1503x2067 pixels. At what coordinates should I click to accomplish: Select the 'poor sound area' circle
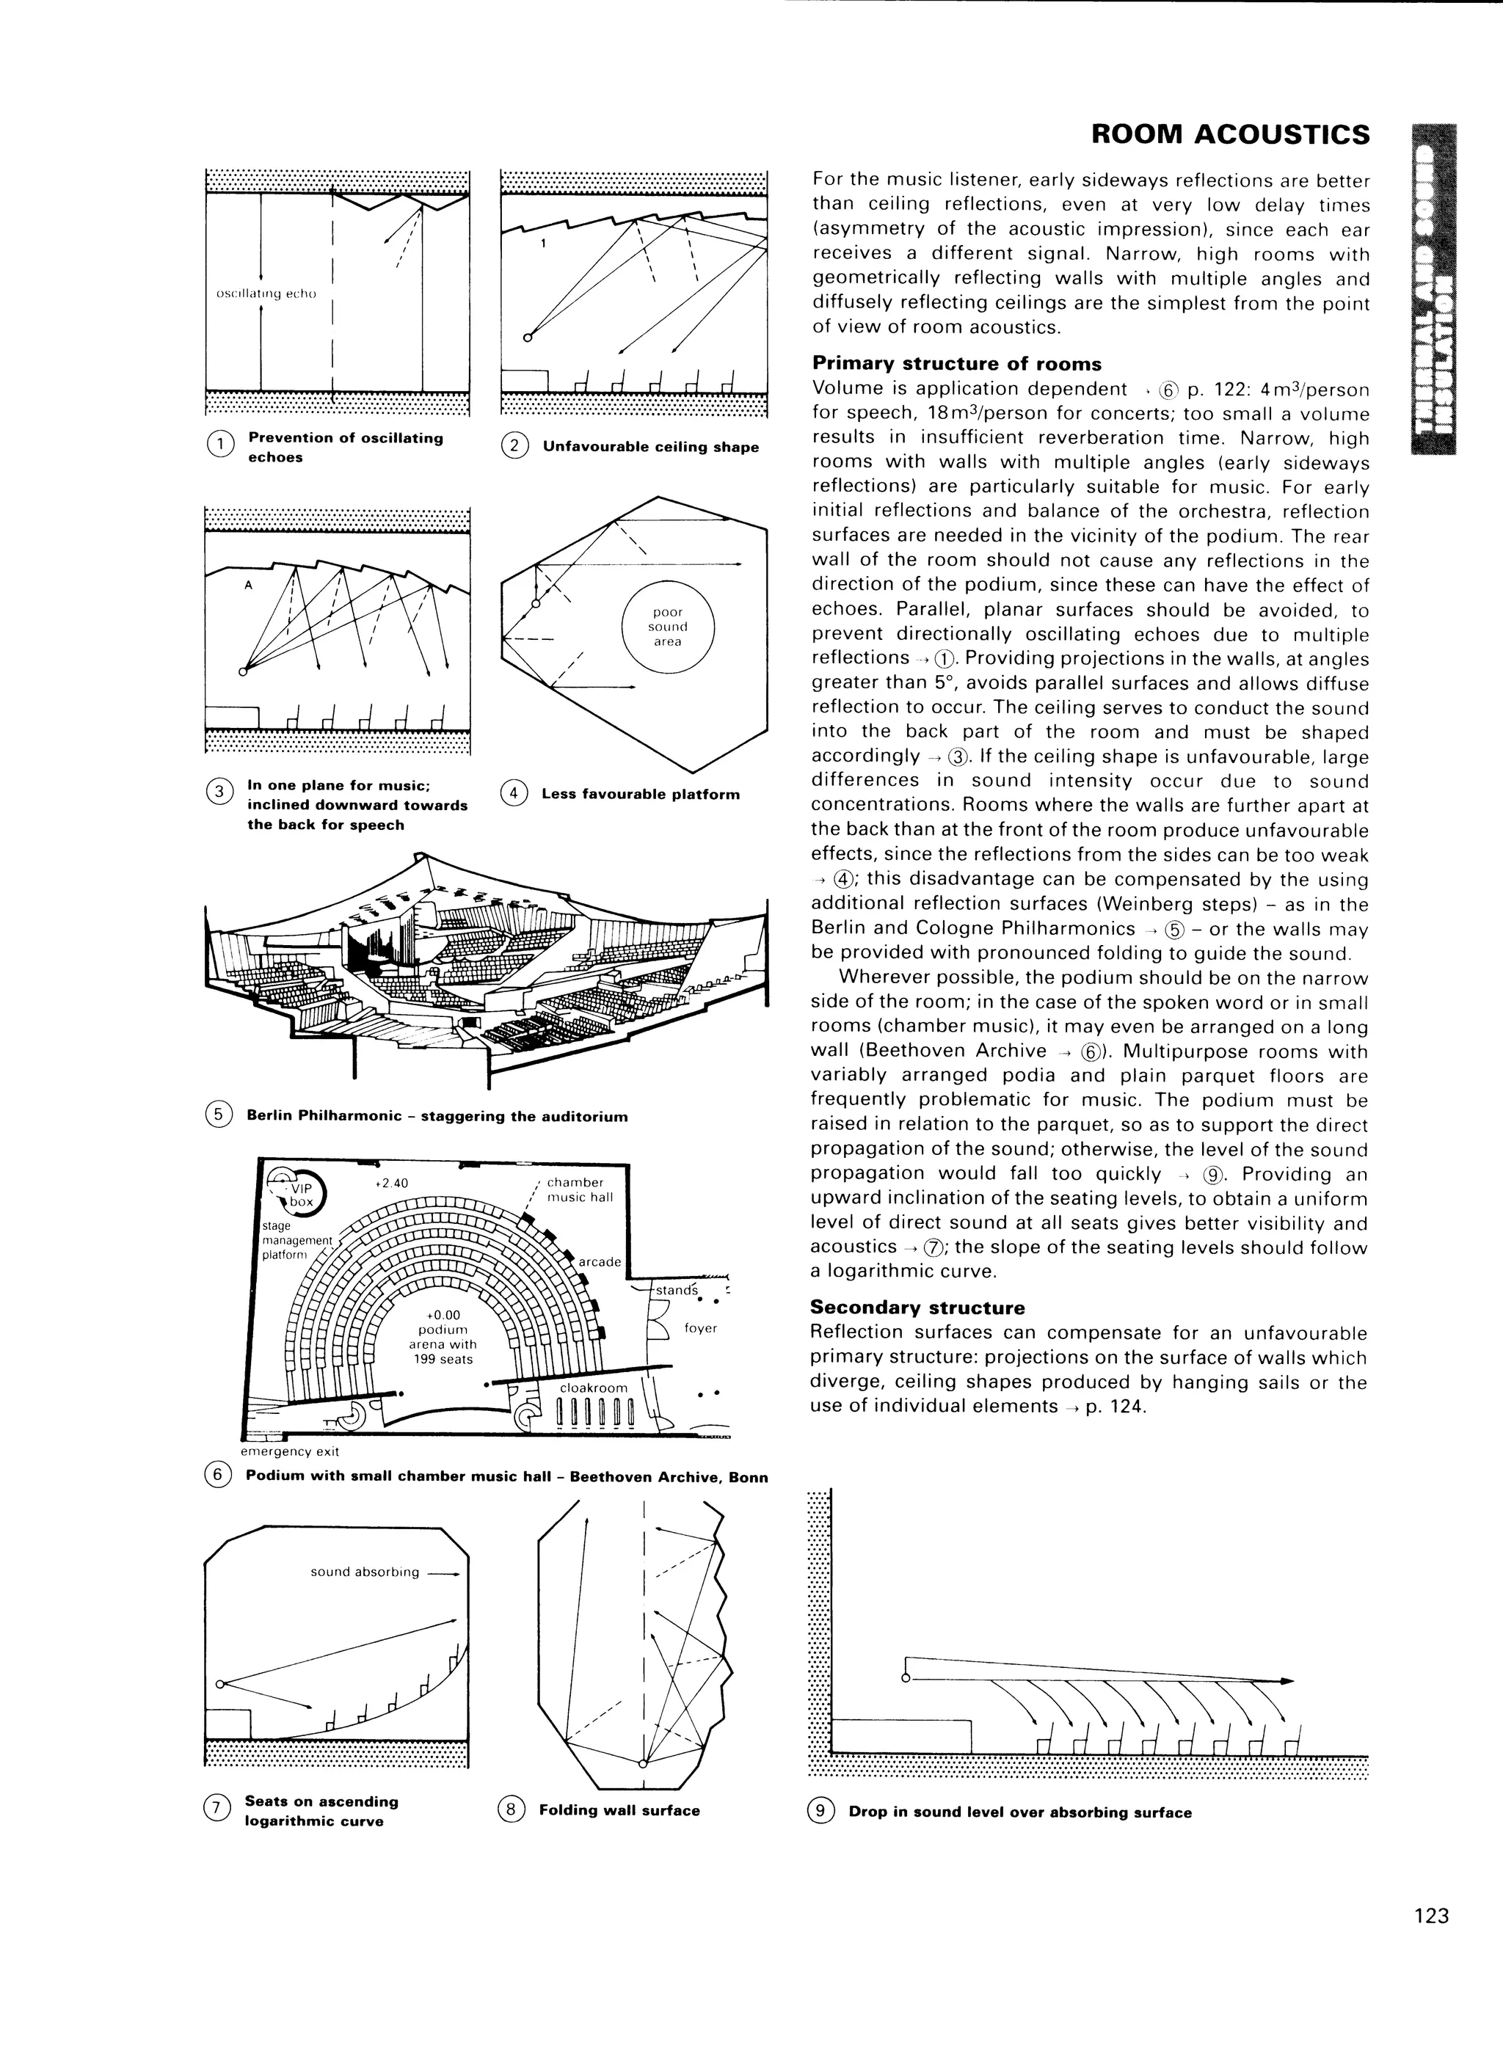tap(667, 627)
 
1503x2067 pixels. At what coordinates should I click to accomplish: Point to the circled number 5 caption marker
tap(218, 1115)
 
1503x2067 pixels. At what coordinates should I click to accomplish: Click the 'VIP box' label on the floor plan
tap(300, 1195)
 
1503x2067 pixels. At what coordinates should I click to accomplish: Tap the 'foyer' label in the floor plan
tap(700, 1328)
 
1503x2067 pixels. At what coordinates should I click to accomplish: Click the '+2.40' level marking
tap(392, 1183)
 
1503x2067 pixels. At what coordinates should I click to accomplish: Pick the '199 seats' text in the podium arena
tap(443, 1359)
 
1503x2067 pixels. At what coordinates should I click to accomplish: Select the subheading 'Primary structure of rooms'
tap(956, 364)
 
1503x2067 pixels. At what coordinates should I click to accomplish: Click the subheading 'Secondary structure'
tap(917, 1308)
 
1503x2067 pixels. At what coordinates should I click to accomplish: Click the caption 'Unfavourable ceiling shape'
tap(650, 447)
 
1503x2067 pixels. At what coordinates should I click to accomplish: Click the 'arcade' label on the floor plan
tap(600, 1261)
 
